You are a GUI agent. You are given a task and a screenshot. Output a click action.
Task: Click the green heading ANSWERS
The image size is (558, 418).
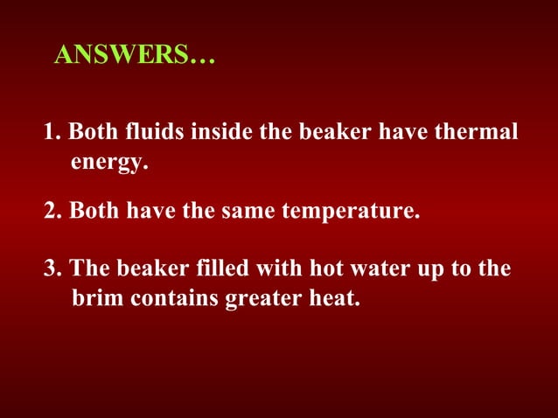pyautogui.click(x=133, y=56)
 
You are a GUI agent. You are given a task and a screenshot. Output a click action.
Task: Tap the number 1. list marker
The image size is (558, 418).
pyautogui.click(x=52, y=133)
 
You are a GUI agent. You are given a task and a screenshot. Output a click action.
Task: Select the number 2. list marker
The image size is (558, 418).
pyautogui.click(x=52, y=212)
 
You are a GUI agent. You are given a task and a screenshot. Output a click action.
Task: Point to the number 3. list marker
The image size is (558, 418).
pyautogui.click(x=52, y=268)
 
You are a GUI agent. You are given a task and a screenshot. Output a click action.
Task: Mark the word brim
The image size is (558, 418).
pyautogui.click(x=96, y=297)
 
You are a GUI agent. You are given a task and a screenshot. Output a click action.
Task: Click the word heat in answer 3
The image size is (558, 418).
pyautogui.click(x=335, y=297)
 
